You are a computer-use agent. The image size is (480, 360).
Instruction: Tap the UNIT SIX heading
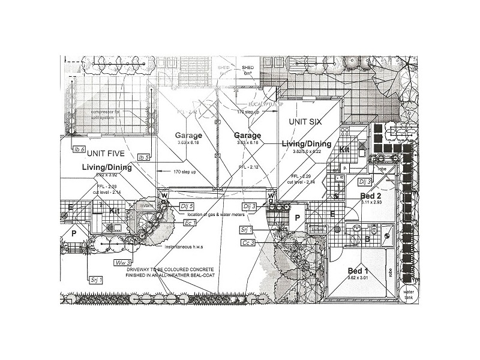coord(305,122)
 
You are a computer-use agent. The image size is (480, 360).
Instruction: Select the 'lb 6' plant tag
coord(79,149)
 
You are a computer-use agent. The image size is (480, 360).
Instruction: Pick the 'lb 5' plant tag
coord(143,157)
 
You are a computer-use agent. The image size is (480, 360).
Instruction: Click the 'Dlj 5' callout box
coord(187,206)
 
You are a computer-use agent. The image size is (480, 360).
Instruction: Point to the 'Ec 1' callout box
coord(191,223)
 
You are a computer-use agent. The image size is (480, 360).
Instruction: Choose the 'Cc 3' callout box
coord(248,242)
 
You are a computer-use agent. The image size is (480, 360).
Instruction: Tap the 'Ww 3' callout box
coord(122,262)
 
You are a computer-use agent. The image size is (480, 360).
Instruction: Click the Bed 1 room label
coord(359,271)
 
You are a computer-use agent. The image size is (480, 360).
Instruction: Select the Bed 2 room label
coord(370,196)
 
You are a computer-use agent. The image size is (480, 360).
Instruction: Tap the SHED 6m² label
coord(248,70)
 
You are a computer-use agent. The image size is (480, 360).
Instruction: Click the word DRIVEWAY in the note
coord(141,270)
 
